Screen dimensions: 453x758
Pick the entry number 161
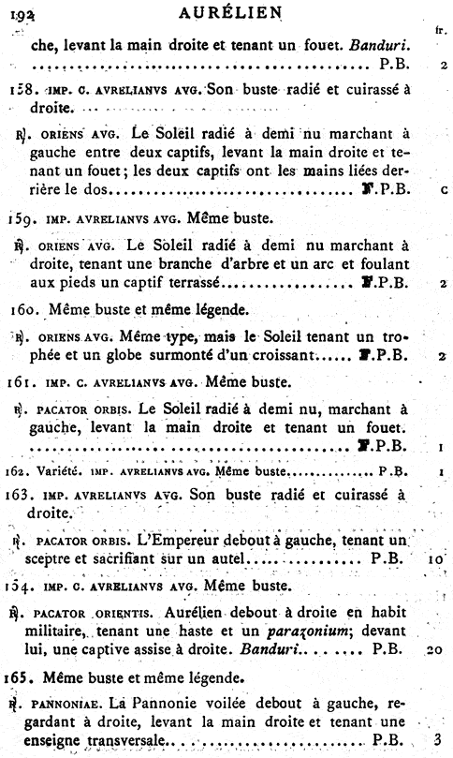click(x=21, y=382)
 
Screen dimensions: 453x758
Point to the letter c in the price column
click(x=441, y=190)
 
